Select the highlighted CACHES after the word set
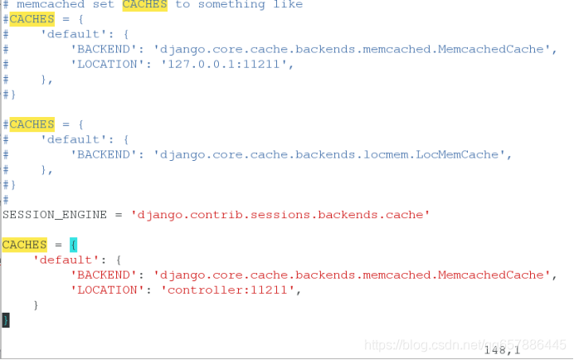144,4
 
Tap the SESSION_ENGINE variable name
55,215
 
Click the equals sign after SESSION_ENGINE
119,215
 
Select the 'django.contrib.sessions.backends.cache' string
280,215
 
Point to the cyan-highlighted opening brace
73,245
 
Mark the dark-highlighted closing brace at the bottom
5,319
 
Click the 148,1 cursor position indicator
502,350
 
